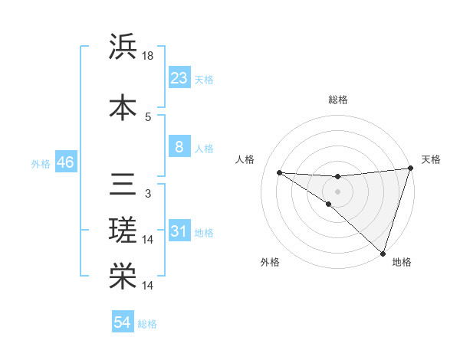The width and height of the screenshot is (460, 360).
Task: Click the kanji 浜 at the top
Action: [x=123, y=47]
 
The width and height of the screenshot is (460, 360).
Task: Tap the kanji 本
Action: [x=123, y=107]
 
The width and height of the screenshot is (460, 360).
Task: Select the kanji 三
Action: [x=123, y=184]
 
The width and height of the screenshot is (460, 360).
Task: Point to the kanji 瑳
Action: [x=123, y=231]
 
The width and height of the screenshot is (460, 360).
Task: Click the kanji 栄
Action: [x=123, y=277]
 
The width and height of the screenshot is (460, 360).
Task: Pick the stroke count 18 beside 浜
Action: [x=149, y=57]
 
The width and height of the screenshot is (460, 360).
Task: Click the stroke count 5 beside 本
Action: [x=148, y=116]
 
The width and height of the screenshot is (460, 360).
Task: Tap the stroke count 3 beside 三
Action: [x=148, y=193]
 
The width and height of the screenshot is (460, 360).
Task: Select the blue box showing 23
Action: [x=179, y=77]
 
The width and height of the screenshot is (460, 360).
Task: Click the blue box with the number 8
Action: [x=179, y=147]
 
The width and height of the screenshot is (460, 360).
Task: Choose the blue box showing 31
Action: [x=179, y=231]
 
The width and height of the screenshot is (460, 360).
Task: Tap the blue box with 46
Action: [x=65, y=162]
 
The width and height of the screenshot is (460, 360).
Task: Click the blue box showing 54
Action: [x=123, y=322]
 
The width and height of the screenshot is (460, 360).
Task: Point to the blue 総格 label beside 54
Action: [x=147, y=324]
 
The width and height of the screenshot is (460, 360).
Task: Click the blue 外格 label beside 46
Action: [x=41, y=164]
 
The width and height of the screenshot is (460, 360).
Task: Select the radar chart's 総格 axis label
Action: [x=337, y=100]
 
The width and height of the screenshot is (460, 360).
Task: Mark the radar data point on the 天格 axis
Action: [x=410, y=169]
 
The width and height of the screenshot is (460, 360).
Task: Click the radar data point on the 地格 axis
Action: [x=383, y=253]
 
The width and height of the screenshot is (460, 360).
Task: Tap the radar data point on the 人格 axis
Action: [x=279, y=172]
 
